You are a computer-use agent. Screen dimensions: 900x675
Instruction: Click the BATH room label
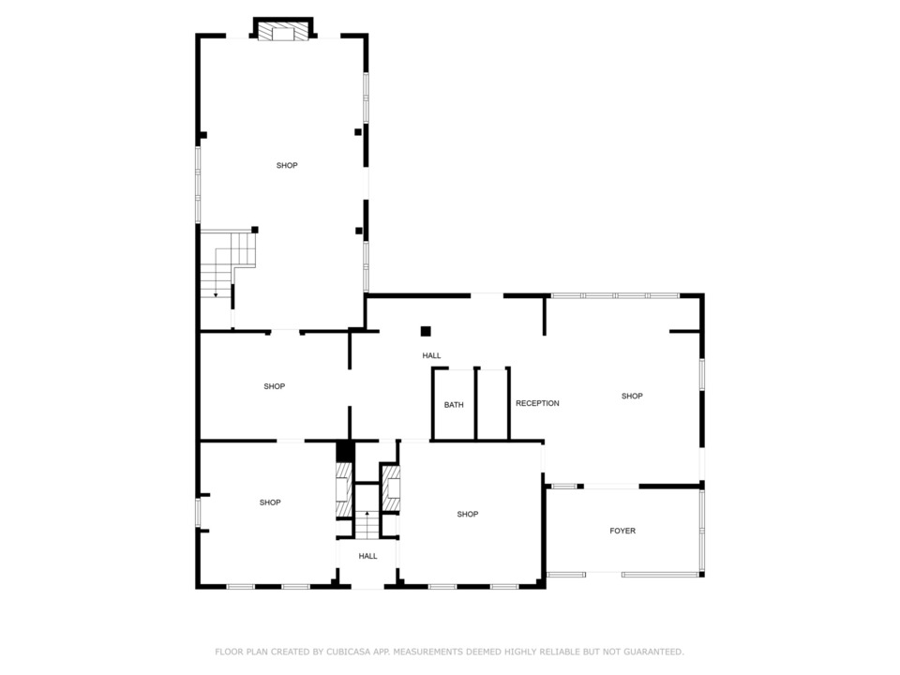tap(454, 405)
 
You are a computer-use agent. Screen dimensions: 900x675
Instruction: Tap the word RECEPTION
tap(537, 403)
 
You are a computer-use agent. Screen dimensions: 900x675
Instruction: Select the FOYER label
tap(622, 531)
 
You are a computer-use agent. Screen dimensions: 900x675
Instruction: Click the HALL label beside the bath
tap(431, 356)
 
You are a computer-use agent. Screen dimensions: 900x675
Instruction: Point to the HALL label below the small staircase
tap(367, 556)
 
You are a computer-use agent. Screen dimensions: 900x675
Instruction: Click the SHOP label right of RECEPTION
tap(632, 396)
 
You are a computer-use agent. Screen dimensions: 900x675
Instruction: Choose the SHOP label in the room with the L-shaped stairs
tap(287, 165)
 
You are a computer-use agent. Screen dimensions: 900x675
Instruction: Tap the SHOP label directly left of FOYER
tap(467, 515)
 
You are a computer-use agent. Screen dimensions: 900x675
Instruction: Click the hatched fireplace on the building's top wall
tap(283, 32)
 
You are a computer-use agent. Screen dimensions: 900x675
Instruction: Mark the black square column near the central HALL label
tap(426, 331)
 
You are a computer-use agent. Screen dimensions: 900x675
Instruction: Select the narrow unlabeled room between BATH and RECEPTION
tap(492, 404)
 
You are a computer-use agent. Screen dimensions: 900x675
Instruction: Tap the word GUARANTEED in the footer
tap(653, 652)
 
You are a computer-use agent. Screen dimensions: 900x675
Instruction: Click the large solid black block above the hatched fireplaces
tap(345, 451)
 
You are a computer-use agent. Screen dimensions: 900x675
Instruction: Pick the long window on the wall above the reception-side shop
tap(615, 295)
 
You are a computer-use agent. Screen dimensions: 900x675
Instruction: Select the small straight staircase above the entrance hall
tap(367, 524)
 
